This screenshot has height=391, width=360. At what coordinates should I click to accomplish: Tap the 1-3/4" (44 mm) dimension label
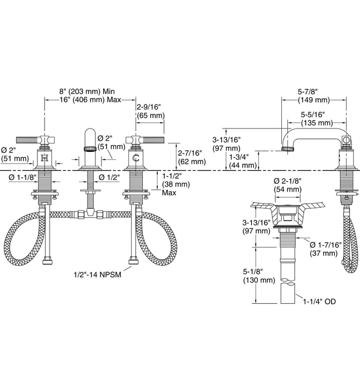coord(243,161)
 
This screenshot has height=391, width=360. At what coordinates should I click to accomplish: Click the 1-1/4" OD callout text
coord(321,302)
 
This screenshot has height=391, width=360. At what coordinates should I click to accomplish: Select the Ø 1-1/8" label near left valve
coord(22,178)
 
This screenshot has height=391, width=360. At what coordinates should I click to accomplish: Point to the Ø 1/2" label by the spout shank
coord(109,178)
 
